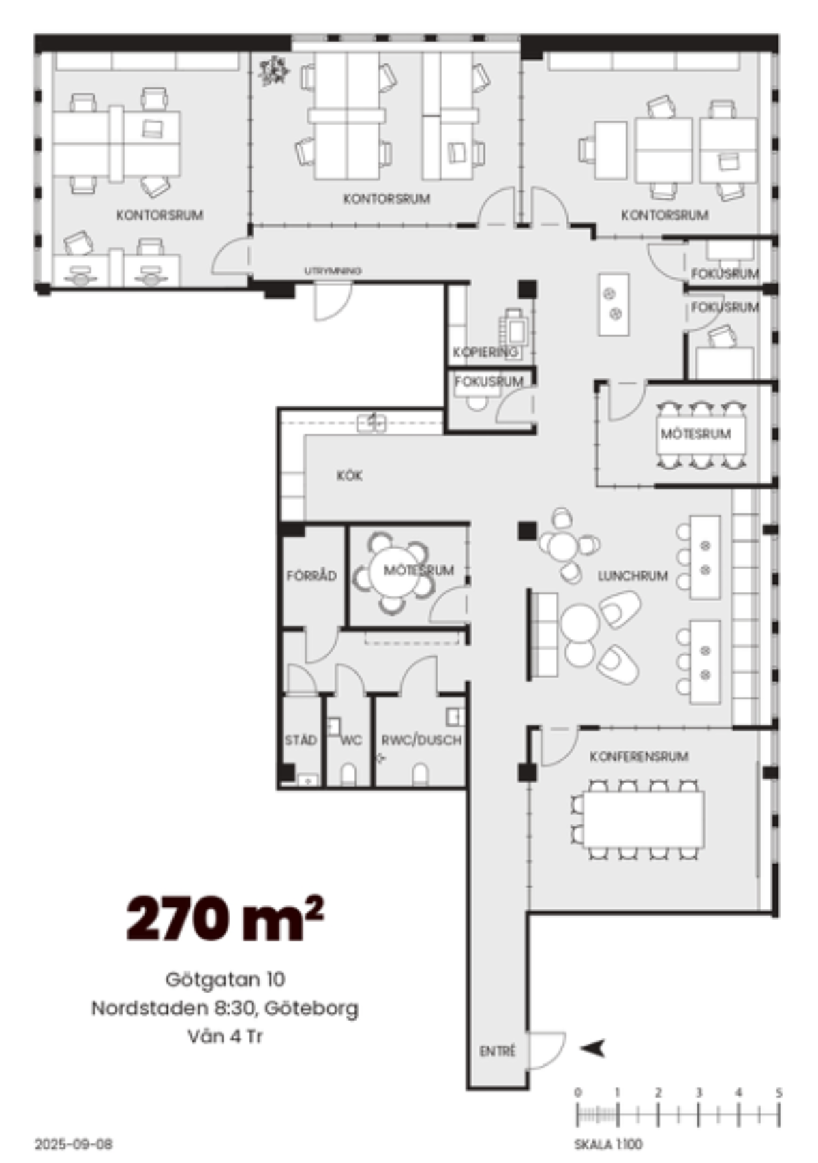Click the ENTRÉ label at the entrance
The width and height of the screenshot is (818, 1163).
pos(497,1051)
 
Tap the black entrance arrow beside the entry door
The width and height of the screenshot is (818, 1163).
pos(593,1048)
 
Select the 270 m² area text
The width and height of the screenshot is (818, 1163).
pos(225,918)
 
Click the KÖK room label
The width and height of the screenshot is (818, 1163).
pos(349,476)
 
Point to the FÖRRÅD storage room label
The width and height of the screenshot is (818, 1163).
pos(312,575)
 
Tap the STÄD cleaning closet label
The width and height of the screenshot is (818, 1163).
pos(301,740)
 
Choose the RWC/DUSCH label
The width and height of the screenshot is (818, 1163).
pos(421,740)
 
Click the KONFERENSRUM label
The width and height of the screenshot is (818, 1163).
pos(639,757)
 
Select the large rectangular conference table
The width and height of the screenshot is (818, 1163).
pos(643,819)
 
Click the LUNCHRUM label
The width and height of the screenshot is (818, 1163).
pos(633,576)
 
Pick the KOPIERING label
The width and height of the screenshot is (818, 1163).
pos(485,352)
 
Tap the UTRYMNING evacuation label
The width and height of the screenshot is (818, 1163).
pos(333,271)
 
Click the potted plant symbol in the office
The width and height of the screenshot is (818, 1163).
pos(273,71)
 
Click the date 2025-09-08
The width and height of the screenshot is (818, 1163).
pos(74,1145)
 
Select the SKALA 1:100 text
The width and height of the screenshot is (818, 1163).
pos(608,1145)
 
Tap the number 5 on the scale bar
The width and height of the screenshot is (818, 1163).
pos(778,1091)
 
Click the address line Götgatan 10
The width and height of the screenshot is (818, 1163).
pos(225,980)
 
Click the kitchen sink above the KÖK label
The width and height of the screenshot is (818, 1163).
pos(372,423)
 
